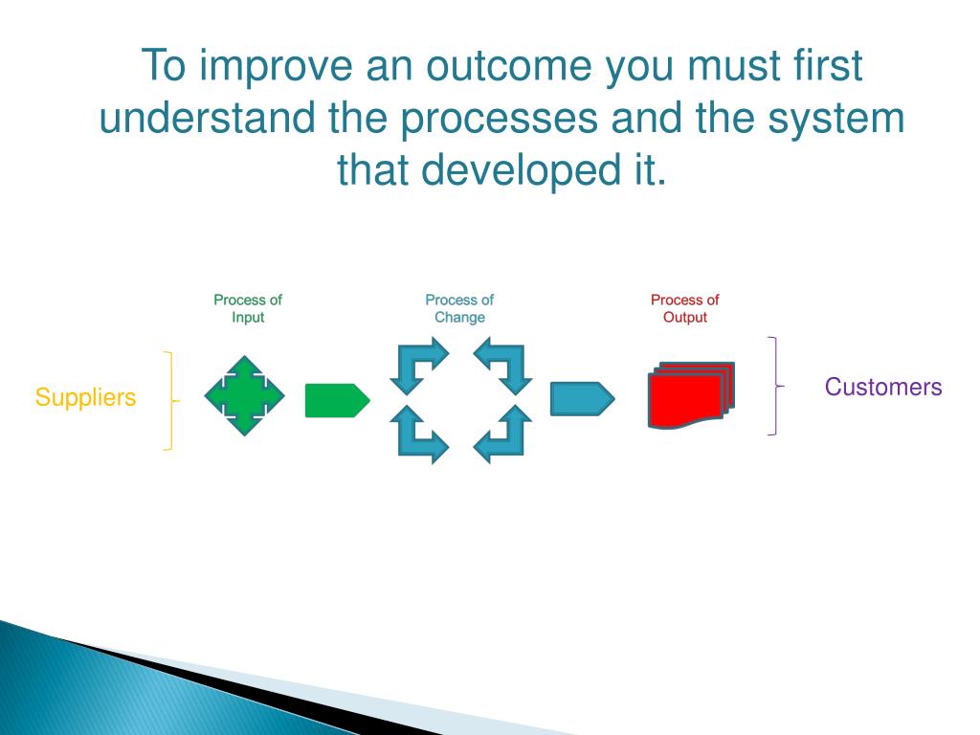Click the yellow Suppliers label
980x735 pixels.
click(x=85, y=398)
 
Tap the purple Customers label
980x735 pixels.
click(x=883, y=387)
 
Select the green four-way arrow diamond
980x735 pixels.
click(x=244, y=395)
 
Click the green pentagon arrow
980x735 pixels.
click(x=338, y=401)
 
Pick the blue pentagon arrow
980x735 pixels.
click(x=583, y=399)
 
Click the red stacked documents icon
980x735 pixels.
click(x=691, y=395)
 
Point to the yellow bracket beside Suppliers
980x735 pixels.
click(x=170, y=401)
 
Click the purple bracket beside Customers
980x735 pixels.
click(x=776, y=386)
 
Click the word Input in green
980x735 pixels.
click(x=248, y=318)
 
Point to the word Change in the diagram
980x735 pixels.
click(x=460, y=318)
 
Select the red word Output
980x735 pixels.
click(x=685, y=318)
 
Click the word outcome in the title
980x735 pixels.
click(x=509, y=66)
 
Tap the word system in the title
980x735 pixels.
click(x=836, y=120)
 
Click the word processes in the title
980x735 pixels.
click(x=499, y=120)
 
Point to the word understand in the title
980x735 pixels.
click(x=208, y=118)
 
